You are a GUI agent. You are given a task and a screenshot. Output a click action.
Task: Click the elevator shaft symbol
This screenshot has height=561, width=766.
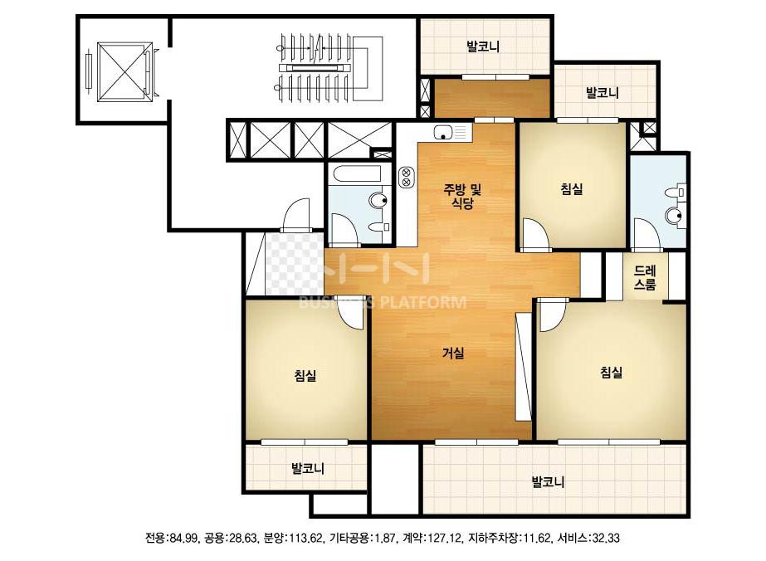[x=125, y=72]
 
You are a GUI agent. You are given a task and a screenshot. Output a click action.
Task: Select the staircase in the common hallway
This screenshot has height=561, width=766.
[x=329, y=67]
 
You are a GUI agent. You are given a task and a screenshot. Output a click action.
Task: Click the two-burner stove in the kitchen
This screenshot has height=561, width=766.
[x=406, y=177]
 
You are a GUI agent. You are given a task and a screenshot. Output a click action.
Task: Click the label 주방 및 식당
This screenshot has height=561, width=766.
[x=462, y=196]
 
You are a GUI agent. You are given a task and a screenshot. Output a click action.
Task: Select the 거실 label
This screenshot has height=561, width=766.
[x=453, y=353]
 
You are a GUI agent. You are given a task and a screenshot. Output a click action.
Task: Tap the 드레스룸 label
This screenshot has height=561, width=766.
[x=645, y=277]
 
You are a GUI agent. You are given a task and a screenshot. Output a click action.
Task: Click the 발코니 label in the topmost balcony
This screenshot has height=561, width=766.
[x=483, y=47]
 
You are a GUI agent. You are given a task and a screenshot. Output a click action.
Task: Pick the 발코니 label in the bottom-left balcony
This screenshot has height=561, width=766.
[x=308, y=469]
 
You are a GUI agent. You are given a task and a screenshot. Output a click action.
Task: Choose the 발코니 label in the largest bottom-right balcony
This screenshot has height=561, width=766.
[x=548, y=482]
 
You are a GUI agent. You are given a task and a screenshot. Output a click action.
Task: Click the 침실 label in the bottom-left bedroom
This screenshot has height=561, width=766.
[x=305, y=375]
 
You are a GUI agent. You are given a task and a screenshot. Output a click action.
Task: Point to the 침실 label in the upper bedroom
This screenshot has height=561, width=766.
[x=572, y=188]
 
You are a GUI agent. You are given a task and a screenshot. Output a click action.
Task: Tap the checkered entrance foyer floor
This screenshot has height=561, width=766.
[x=295, y=264]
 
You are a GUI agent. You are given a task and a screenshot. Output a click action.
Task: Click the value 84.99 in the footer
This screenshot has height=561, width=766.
[x=183, y=539]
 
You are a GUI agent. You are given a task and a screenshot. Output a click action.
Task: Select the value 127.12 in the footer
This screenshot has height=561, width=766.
[x=445, y=539]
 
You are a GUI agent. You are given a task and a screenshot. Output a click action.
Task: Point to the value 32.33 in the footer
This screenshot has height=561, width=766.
[x=606, y=539]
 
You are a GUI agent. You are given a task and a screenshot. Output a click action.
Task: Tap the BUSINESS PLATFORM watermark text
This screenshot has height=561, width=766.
[x=382, y=302]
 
